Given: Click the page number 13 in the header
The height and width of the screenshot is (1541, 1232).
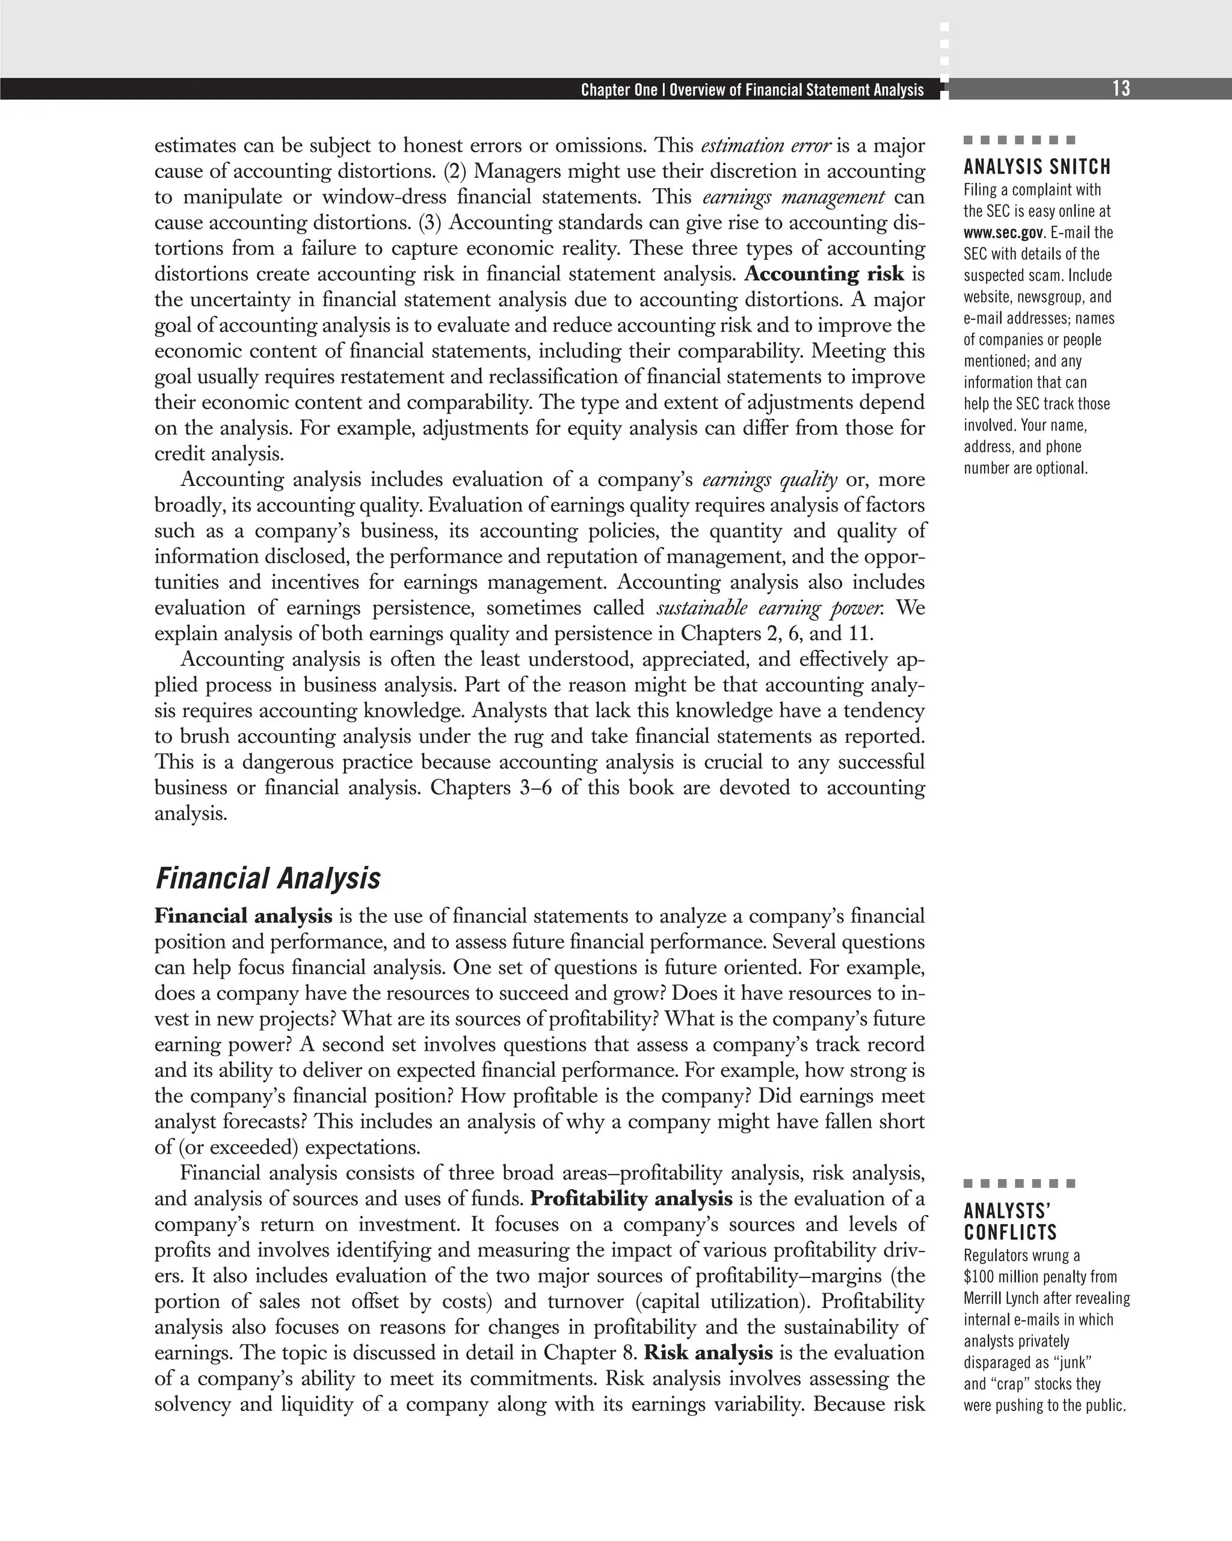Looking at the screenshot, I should point(1121,88).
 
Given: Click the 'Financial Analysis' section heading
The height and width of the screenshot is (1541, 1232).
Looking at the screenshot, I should point(268,878).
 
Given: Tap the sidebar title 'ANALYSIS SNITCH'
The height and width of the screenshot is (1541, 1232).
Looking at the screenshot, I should point(1037,167).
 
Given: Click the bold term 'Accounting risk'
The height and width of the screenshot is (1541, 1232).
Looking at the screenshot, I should point(824,274).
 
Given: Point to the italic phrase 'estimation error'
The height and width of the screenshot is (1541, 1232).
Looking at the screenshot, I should point(766,146).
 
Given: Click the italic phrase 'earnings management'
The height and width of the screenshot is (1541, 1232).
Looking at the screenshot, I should point(793,197).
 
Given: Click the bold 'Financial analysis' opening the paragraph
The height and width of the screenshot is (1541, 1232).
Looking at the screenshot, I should point(243,916).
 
